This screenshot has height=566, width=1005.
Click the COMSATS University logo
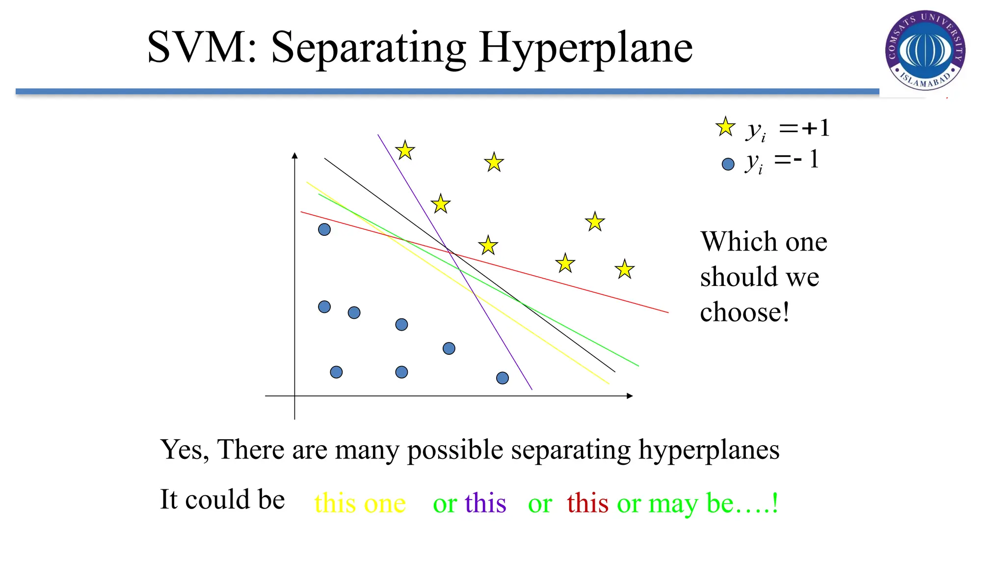pyautogui.click(x=925, y=50)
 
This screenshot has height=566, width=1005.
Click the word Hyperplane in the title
pyautogui.click(x=585, y=48)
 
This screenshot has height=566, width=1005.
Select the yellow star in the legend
pyautogui.click(x=725, y=127)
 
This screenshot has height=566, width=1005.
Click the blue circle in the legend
pyautogui.click(x=728, y=164)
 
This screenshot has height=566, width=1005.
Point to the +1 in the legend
pyautogui.click(x=816, y=128)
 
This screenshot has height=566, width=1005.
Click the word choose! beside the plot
pyautogui.click(x=744, y=312)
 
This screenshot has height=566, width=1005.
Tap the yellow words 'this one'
pyautogui.click(x=360, y=503)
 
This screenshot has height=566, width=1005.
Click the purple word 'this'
pyautogui.click(x=485, y=503)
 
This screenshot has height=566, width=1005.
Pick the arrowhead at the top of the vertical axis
pyautogui.click(x=294, y=155)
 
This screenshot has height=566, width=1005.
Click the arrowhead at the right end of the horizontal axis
pyautogui.click(x=630, y=396)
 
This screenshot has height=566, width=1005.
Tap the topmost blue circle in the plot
pyautogui.click(x=324, y=229)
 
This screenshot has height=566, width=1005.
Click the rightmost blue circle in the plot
pyautogui.click(x=502, y=378)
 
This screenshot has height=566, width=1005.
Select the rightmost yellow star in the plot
pyautogui.click(x=625, y=269)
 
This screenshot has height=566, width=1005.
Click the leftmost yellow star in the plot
pyautogui.click(x=405, y=150)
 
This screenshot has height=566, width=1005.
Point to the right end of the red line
pyautogui.click(x=667, y=312)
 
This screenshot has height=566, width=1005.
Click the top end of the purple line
pyautogui.click(x=378, y=135)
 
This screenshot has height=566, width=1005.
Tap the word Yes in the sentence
pyautogui.click(x=181, y=450)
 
